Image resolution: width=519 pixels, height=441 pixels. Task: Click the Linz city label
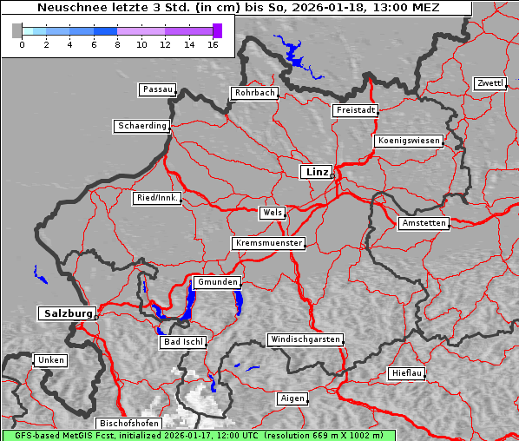(x=316, y=172)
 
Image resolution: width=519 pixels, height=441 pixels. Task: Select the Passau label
(x=157, y=89)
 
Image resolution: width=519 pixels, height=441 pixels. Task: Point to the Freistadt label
(x=355, y=110)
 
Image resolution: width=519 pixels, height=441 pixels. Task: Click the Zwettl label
(x=489, y=83)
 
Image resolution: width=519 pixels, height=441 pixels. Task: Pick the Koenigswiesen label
(x=409, y=141)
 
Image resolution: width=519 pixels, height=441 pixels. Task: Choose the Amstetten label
(x=424, y=223)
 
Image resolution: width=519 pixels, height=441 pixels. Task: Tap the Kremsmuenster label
(x=268, y=243)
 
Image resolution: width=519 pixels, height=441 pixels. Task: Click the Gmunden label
(x=216, y=282)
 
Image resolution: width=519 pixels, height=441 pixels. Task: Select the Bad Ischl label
(x=183, y=342)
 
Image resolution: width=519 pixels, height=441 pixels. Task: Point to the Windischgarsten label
(x=305, y=339)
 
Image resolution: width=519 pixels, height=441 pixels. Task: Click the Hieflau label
(x=407, y=373)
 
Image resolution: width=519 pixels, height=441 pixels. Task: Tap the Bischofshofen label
(x=128, y=423)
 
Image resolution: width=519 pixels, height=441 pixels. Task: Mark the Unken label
(x=50, y=359)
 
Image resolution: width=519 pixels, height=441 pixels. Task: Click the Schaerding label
(x=141, y=126)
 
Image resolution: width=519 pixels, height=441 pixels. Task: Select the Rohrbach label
(x=253, y=93)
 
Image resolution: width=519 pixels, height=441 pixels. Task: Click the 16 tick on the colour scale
(x=214, y=43)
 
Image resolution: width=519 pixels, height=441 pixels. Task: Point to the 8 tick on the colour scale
(x=117, y=43)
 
